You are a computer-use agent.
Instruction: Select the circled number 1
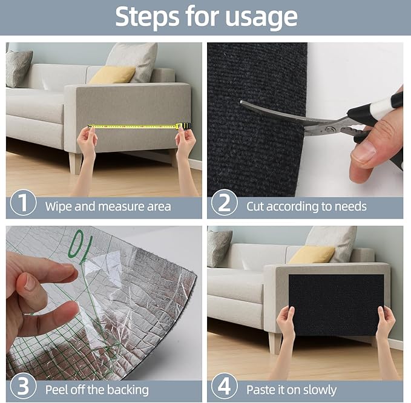23,204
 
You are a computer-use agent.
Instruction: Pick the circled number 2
224,204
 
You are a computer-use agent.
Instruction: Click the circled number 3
23,388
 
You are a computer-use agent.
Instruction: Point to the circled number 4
224,388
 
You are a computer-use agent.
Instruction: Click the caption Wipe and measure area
108,206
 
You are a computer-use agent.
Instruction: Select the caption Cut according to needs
306,206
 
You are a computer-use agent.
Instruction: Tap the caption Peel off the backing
97,389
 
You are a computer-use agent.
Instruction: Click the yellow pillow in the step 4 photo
311,255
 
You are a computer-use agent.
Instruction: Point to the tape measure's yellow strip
133,126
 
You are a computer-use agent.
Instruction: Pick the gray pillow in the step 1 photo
18,67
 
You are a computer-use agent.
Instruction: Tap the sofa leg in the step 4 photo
275,342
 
